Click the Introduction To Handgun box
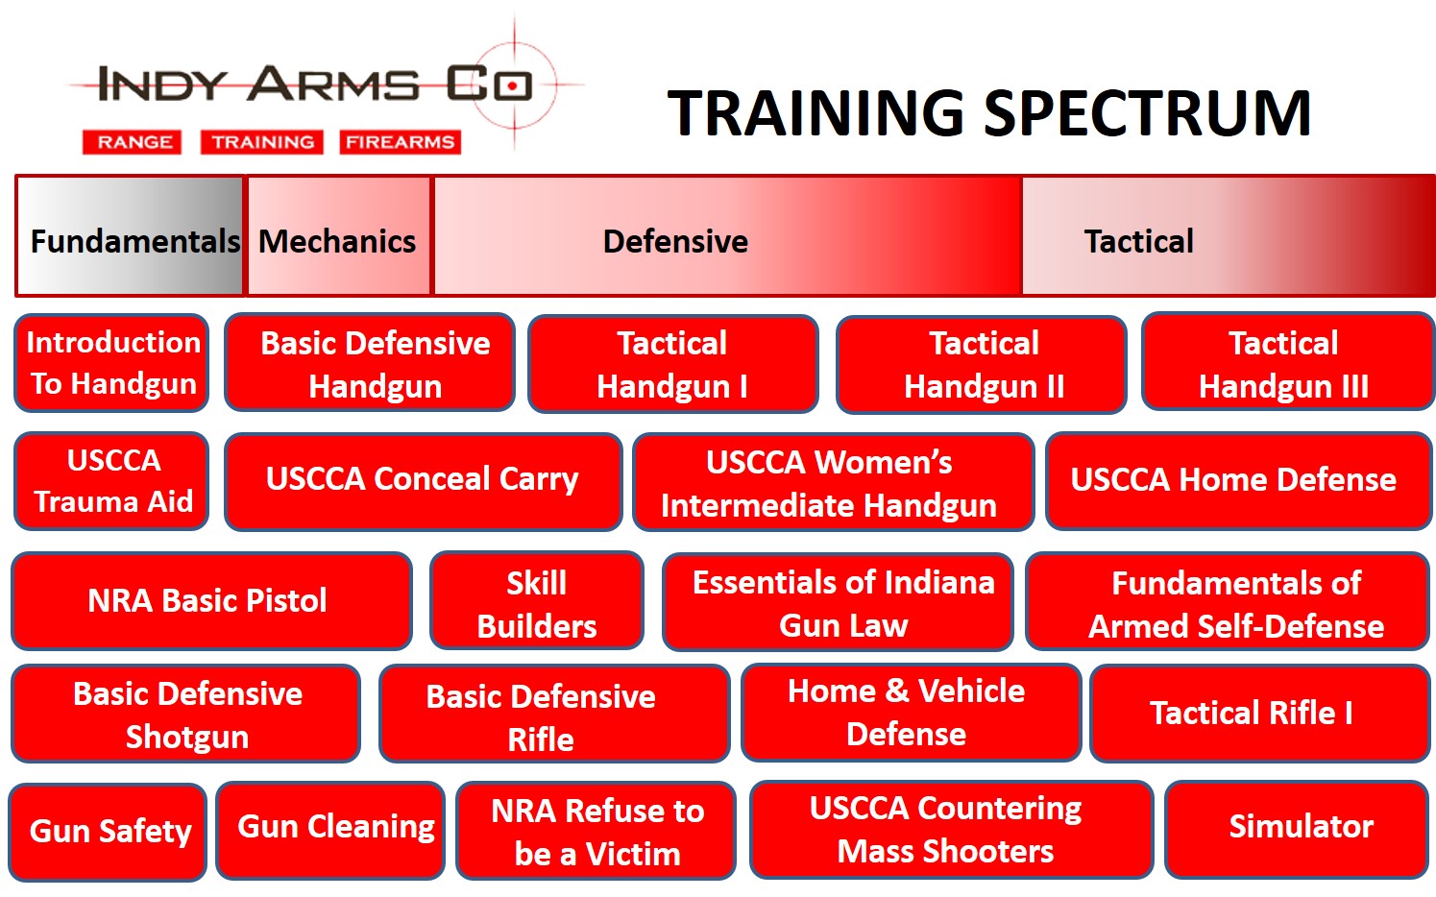coord(112,363)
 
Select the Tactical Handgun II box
coord(982,364)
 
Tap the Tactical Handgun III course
coord(1288,362)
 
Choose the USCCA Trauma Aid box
coord(112,481)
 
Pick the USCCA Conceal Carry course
coord(423,482)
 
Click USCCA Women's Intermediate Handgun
coord(833,482)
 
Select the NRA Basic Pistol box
coord(211,601)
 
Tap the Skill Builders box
coord(537,601)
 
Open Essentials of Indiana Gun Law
coord(838,602)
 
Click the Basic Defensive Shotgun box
coord(186,714)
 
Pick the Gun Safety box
coord(108,832)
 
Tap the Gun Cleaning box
coord(330,831)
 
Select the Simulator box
coord(1300,829)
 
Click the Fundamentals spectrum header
coord(130,236)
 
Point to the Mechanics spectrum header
coord(338,236)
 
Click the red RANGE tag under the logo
coord(132,142)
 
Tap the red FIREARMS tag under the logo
coord(401,142)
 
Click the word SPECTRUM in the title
coord(1148,113)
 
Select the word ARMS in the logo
coord(333,84)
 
